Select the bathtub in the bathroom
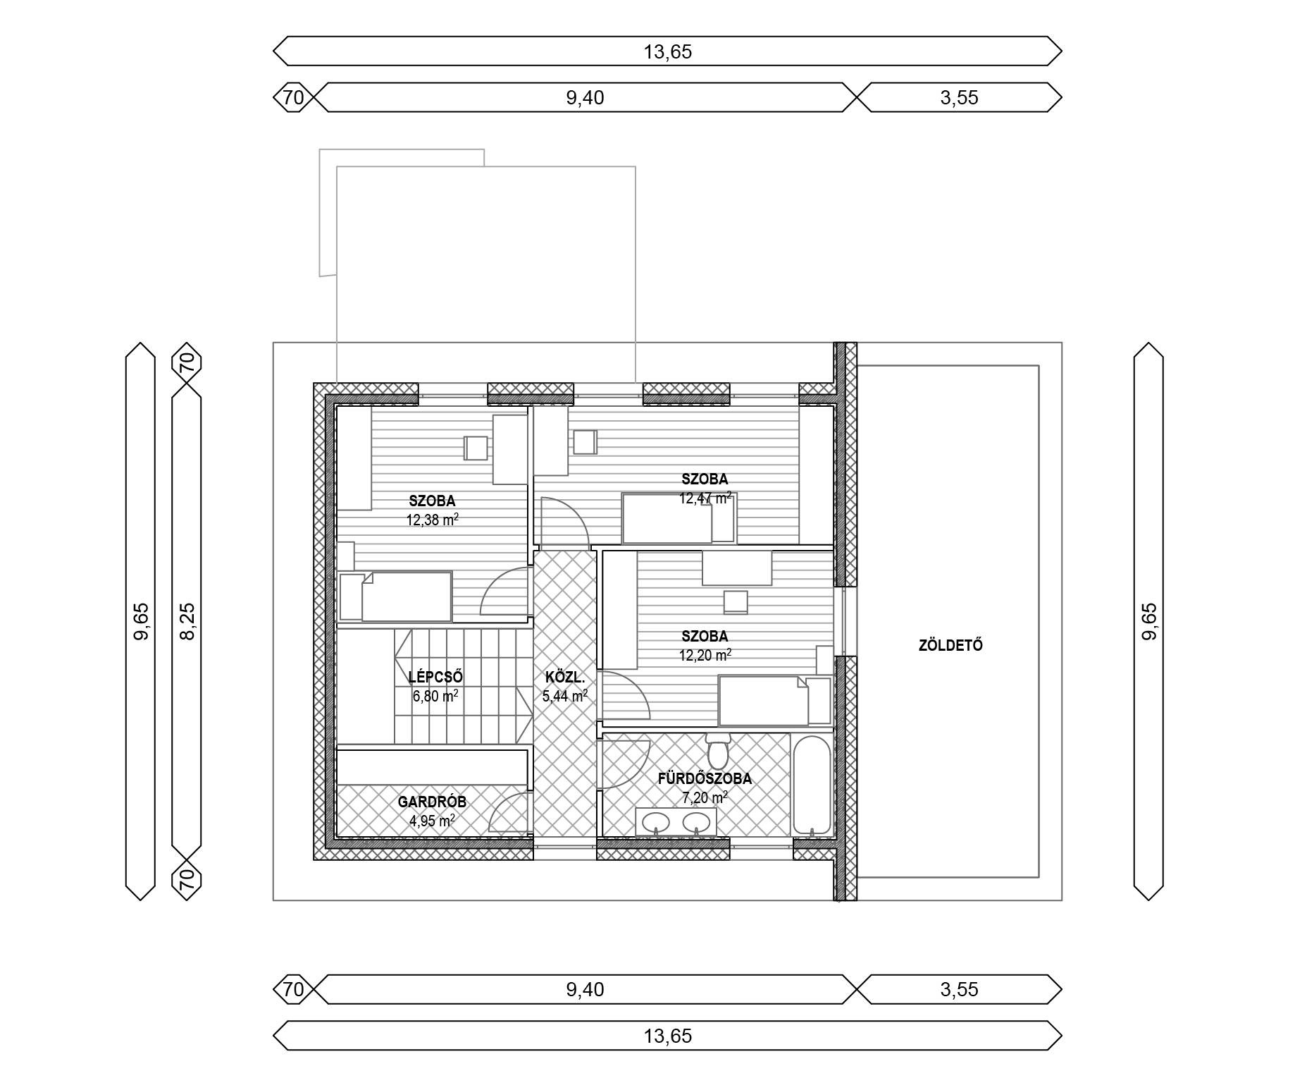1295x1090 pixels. point(812,786)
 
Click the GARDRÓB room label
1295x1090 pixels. point(432,802)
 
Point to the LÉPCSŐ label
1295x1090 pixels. point(435,678)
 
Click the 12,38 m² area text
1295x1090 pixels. point(433,520)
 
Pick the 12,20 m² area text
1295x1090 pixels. point(705,655)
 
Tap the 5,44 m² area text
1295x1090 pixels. point(565,697)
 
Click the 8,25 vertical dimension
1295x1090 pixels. point(187,621)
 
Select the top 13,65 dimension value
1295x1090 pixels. point(667,52)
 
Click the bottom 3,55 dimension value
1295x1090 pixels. point(959,989)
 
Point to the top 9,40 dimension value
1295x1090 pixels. point(585,97)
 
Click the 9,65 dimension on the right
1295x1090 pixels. point(1148,621)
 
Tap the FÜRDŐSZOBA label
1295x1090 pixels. point(705,779)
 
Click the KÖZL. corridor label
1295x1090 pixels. point(565,678)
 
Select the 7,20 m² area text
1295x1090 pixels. point(705,797)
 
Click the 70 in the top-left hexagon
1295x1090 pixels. point(293,97)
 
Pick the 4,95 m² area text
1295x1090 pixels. point(432,820)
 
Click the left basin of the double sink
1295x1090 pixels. point(656,821)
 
